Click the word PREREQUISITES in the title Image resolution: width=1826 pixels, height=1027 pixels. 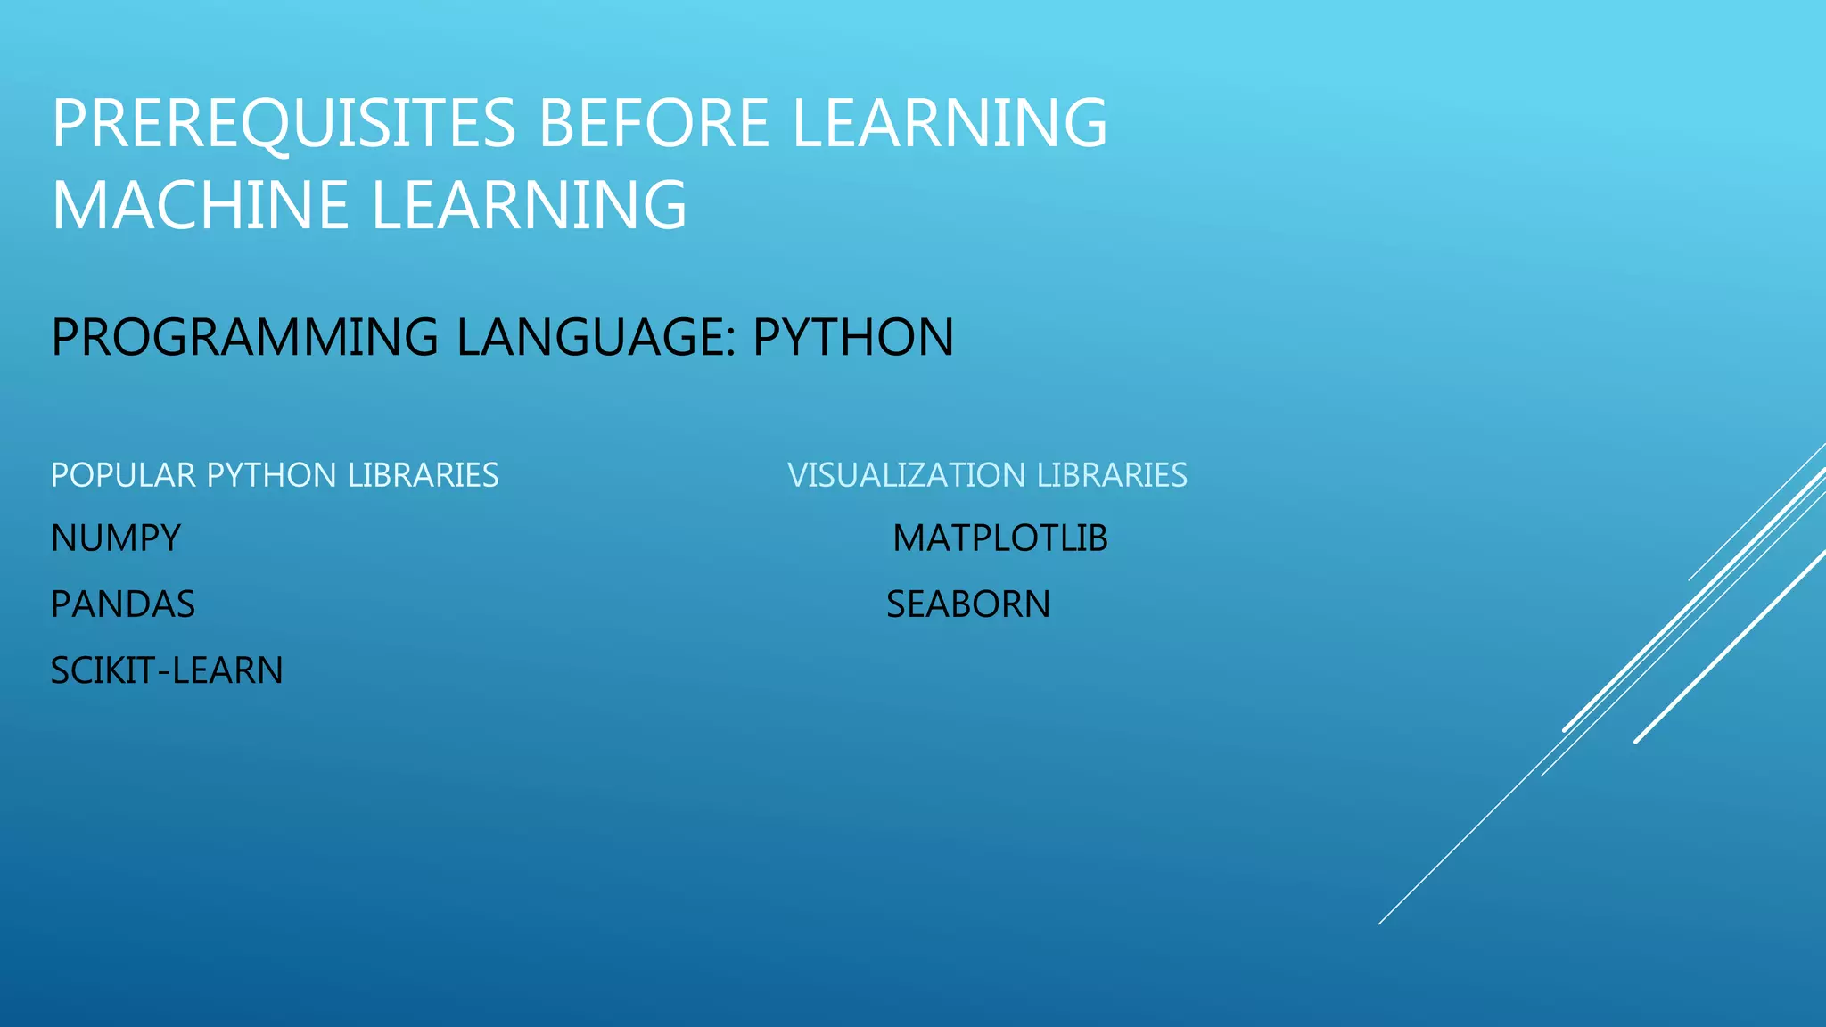(x=284, y=123)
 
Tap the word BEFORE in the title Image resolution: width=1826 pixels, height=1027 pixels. (x=654, y=123)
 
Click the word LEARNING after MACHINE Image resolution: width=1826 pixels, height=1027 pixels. (x=528, y=205)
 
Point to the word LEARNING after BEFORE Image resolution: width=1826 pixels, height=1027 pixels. (x=949, y=123)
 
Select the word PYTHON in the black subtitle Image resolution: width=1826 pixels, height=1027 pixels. (x=853, y=337)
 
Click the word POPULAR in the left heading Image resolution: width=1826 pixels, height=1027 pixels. (x=122, y=475)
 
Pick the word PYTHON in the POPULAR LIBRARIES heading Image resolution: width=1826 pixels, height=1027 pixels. (x=271, y=475)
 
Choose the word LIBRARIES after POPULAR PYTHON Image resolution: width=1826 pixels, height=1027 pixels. (x=423, y=475)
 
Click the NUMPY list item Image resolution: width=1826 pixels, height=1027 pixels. (x=116, y=538)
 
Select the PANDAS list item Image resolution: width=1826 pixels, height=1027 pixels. (x=123, y=604)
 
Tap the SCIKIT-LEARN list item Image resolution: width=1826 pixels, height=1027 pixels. (x=167, y=670)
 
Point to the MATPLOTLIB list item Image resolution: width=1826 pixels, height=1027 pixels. (x=1000, y=538)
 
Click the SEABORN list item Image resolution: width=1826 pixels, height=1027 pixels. (x=968, y=604)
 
